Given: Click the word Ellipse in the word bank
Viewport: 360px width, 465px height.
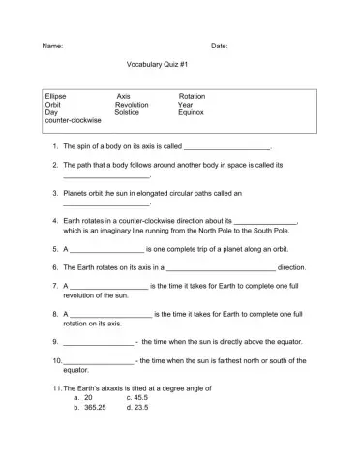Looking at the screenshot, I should tap(56, 97).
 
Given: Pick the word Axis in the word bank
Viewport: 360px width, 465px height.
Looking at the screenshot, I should tap(123, 97).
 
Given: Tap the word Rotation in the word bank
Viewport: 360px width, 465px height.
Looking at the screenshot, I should tap(193, 97).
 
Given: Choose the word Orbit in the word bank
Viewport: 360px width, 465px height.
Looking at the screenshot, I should tap(53, 105).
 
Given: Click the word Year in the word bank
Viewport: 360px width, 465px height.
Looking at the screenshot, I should tap(186, 105).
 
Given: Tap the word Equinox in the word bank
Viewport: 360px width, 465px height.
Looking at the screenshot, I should tap(192, 112).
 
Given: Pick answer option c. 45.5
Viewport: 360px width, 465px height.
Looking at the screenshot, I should tap(137, 397).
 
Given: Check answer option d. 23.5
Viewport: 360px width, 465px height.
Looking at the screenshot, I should tap(137, 407).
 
